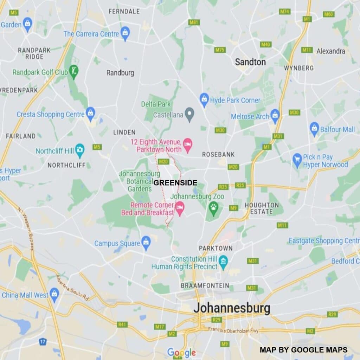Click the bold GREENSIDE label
pos(175,183)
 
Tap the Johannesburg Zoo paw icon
pos(213,208)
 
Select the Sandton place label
pos(250,62)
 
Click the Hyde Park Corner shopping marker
pos(204,100)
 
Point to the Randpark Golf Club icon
pos(74,71)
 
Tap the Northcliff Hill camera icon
pos(80,150)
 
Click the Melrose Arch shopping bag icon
pos(275,115)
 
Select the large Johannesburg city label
pos(232,308)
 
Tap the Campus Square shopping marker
pos(146,242)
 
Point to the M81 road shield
pos(194,22)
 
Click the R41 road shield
pos(122,324)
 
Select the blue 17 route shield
pos(43,341)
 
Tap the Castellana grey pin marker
pos(190,114)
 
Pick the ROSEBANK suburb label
pos(218,154)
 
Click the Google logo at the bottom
pos(181,352)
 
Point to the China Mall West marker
pos(54,294)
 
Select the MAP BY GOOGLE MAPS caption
pos(303,350)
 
